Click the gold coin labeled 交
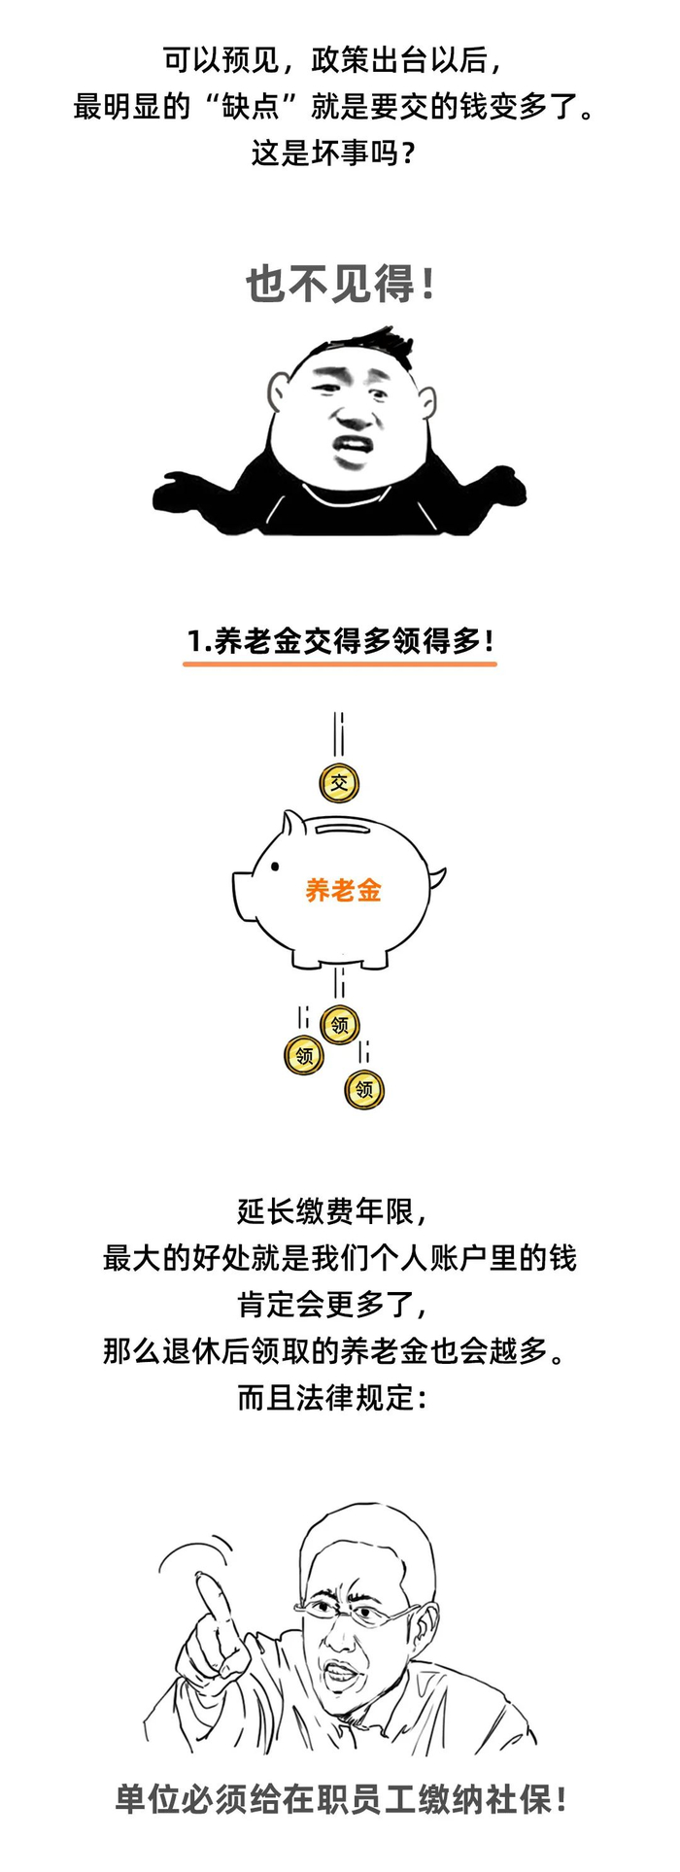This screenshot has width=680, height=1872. [x=339, y=783]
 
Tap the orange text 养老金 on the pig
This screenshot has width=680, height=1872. [x=343, y=890]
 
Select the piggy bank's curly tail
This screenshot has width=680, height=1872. [x=437, y=880]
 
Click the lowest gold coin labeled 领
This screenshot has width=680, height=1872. [x=364, y=1089]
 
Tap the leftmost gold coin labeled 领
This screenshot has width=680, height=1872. [x=304, y=1055]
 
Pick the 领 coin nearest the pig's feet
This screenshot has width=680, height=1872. [x=340, y=1024]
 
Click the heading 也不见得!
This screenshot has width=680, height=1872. [x=340, y=286]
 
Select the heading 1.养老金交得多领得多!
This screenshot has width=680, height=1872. [x=340, y=641]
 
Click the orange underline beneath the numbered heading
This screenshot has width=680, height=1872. [x=340, y=664]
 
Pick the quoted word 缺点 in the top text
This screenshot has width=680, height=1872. [x=251, y=106]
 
